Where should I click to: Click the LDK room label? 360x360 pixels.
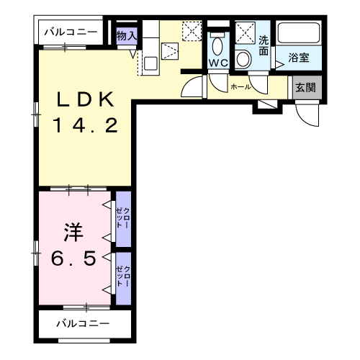85,99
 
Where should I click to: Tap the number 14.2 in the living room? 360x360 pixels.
85,125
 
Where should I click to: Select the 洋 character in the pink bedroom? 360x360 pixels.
73,233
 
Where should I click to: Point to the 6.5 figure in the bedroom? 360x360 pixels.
73,258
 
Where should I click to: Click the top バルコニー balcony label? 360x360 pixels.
71,32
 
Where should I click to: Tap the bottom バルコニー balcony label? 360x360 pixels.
83,324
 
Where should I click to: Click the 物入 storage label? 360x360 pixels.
127,36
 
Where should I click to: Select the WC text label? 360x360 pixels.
218,63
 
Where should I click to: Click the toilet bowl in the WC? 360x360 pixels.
217,46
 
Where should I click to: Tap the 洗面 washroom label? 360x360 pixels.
264,45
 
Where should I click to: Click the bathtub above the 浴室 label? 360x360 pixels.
299,33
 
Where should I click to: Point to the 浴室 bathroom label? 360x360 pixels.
299,58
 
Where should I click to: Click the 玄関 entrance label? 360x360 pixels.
305,88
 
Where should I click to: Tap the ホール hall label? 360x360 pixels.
240,87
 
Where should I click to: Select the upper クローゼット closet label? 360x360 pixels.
122,218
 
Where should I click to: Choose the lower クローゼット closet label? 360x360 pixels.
123,276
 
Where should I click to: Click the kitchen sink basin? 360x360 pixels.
150,63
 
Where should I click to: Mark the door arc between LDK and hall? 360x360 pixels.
188,83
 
